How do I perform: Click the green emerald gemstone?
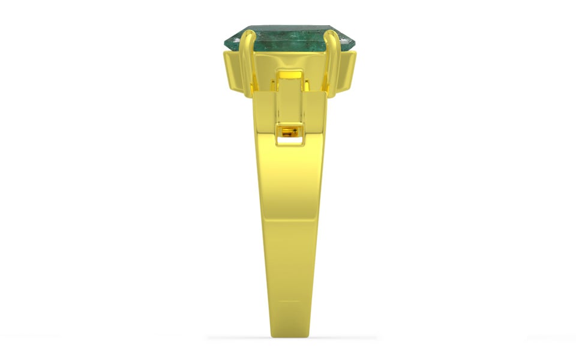[288, 37]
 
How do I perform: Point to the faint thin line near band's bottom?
[290, 302]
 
